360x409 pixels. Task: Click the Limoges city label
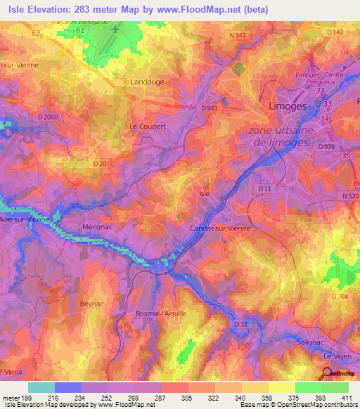(288, 106)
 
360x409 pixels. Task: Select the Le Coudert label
(147, 126)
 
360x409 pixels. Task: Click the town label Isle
(205, 193)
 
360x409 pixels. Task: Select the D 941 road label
(210, 108)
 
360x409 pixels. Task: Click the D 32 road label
(240, 324)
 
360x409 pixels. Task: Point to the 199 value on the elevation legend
(28, 399)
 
